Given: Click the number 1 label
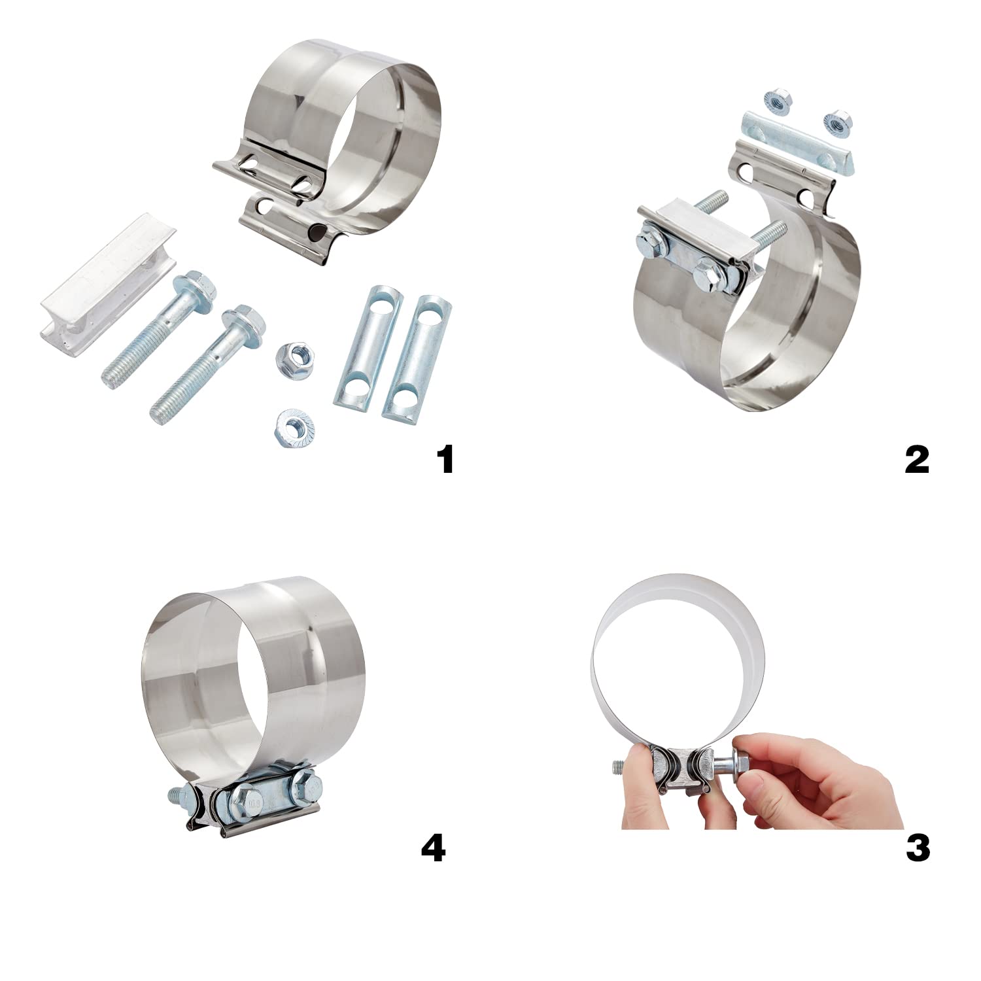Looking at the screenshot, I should click(445, 459).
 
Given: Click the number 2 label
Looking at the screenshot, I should click(917, 459).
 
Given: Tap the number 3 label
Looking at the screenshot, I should click(918, 848).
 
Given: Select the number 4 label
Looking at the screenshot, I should click(434, 848).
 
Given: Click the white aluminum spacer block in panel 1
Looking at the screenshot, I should click(108, 281).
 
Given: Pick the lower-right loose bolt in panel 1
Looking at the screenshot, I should click(206, 366).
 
